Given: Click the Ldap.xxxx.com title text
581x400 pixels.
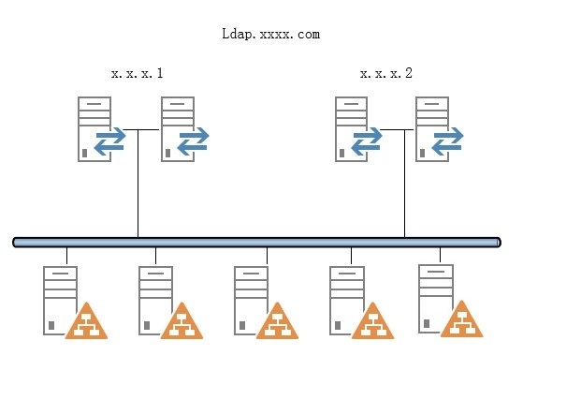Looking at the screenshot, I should [271, 35].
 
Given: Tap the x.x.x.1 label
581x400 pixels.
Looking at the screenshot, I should [138, 73].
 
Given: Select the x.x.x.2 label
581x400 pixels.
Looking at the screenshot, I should [386, 73].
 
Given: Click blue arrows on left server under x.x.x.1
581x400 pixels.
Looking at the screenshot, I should [110, 140].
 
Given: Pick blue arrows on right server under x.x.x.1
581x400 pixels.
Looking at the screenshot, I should [193, 140].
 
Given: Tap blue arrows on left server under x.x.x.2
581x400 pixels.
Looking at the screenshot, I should [367, 140].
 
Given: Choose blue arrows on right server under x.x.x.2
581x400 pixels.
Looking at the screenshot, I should [447, 140].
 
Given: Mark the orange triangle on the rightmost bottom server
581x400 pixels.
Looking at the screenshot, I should [461, 320].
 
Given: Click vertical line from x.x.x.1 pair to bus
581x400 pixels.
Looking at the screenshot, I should [138, 187].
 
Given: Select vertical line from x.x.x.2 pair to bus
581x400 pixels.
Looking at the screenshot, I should [404, 187].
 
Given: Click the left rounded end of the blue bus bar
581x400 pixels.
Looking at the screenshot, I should [17, 243].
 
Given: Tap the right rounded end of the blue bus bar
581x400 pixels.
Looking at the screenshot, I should [497, 243].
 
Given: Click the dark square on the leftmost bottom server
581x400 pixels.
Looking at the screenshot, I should [51, 326].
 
